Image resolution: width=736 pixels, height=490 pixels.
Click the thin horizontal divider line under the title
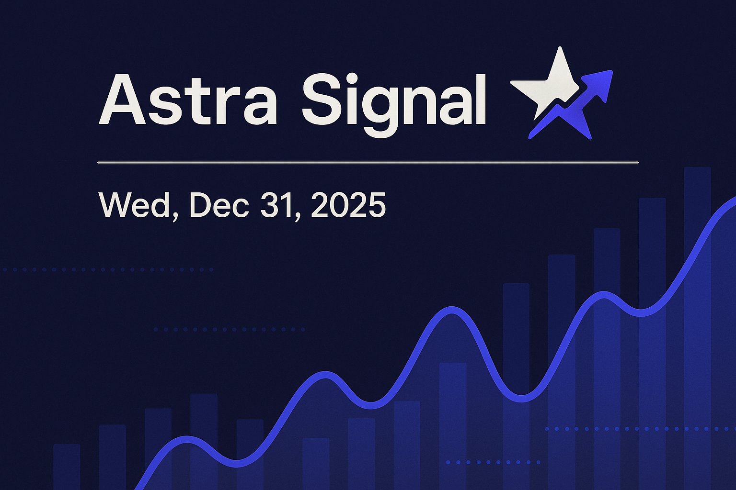(368, 163)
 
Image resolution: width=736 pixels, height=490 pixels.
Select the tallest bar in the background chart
(697, 287)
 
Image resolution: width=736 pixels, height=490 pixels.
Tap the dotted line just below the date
(108, 270)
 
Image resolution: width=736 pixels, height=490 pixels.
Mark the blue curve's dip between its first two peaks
(237, 464)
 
